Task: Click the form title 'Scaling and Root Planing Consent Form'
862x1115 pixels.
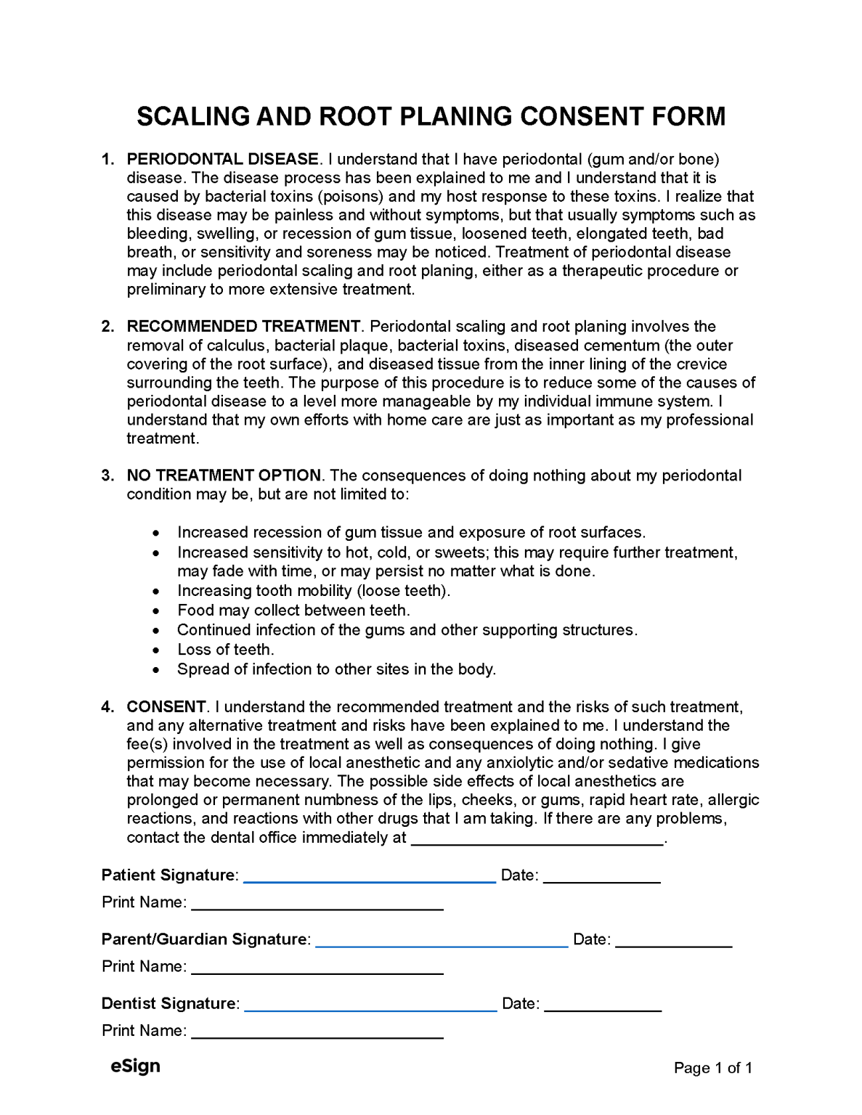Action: click(x=431, y=116)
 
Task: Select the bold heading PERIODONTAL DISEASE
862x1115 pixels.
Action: click(x=222, y=159)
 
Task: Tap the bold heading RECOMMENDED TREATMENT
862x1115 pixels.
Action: click(x=243, y=327)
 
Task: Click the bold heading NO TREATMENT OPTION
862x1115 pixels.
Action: click(x=224, y=475)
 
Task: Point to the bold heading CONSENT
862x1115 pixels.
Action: click(x=166, y=707)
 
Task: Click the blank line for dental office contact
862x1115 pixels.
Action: click(x=537, y=840)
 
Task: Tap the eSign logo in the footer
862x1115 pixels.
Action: click(x=135, y=1066)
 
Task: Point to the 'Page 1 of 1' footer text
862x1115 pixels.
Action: click(x=712, y=1068)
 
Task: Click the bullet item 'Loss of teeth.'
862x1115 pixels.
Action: click(x=225, y=650)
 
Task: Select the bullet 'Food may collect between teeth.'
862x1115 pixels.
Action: click(x=293, y=610)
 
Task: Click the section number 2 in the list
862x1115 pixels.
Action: click(x=107, y=327)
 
